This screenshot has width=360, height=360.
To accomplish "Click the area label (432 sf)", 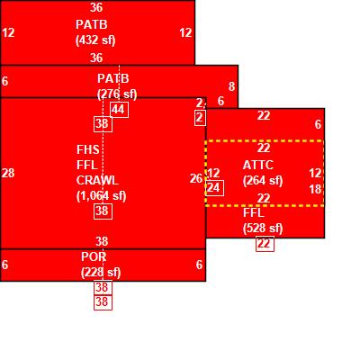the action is click(95, 40).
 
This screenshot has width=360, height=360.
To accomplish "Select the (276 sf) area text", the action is click(117, 94).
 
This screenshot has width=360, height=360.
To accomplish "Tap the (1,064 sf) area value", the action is click(102, 196).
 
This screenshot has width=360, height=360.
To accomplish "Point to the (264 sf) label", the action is click(263, 181).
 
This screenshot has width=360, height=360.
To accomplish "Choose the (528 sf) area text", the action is click(263, 229).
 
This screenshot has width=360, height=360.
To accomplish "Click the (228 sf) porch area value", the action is click(101, 273).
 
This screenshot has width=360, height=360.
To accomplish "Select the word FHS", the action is click(88, 149).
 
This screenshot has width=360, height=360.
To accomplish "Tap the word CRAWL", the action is click(97, 181).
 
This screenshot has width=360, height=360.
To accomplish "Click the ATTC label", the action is click(258, 166).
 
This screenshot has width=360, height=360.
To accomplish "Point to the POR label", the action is click(94, 256).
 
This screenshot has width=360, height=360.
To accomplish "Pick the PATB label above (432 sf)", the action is click(92, 24).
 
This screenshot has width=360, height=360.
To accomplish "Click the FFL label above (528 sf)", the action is click(254, 213).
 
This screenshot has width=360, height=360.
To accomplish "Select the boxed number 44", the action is click(120, 110).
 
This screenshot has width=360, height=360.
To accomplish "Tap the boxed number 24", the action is click(215, 188).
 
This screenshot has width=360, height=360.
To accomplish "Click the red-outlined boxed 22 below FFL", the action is click(265, 244).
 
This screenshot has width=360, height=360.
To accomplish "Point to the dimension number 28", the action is click(8, 173).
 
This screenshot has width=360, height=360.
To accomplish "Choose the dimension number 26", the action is click(196, 179).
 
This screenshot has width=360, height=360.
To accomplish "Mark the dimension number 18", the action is click(315, 189).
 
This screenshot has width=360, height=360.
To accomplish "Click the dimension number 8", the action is click(231, 86).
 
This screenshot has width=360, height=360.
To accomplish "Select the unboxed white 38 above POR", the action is click(102, 241).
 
